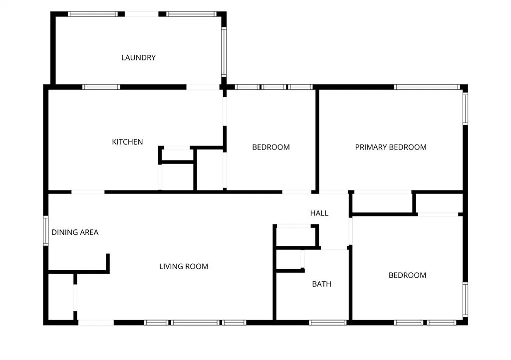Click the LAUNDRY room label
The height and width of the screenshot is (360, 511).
(x=139, y=58)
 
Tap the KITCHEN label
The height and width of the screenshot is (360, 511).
(x=127, y=142)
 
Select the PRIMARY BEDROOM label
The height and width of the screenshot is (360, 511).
(x=391, y=147)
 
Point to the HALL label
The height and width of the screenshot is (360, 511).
(x=319, y=213)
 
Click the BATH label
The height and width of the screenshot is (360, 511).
(x=322, y=284)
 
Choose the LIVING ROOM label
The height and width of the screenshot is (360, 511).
(x=184, y=267)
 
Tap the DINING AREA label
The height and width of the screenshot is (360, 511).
(x=75, y=232)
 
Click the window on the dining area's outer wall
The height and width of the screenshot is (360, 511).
(x=45, y=230)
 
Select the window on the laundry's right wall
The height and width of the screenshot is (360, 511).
(x=224, y=52)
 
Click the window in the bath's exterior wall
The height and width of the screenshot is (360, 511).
(x=327, y=323)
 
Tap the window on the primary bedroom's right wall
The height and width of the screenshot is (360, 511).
(x=466, y=108)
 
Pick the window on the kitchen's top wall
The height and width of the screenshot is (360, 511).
(x=101, y=87)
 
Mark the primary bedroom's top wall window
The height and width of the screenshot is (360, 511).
(x=427, y=87)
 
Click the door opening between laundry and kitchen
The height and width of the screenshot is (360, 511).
(x=203, y=87)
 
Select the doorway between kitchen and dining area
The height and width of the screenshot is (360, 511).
(x=88, y=192)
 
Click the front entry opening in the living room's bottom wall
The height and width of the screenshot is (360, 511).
(x=96, y=323)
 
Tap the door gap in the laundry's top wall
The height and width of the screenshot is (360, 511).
(x=141, y=14)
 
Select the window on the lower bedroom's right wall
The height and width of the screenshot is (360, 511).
(x=466, y=300)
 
